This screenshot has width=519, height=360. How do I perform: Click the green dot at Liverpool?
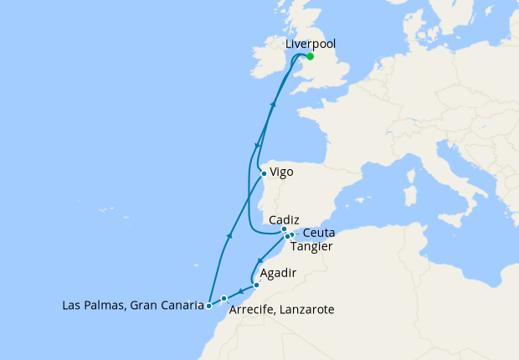tap(311, 57)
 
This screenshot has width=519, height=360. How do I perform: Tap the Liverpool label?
tap(311, 44)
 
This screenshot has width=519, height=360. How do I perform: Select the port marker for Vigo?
tap(264, 174)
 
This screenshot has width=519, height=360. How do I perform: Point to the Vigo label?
tap(282, 172)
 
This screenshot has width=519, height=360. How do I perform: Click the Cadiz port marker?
tap(285, 229)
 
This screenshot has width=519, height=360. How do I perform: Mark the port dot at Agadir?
tap(256, 285)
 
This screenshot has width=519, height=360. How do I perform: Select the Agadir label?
tap(278, 273)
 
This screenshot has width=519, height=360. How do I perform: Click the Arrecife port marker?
tap(224, 299)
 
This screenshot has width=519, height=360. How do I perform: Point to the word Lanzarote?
tap(306, 310)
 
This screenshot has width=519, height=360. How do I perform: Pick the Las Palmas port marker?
tap(208, 306)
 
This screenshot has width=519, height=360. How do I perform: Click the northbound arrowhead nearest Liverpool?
tap(274, 104)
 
